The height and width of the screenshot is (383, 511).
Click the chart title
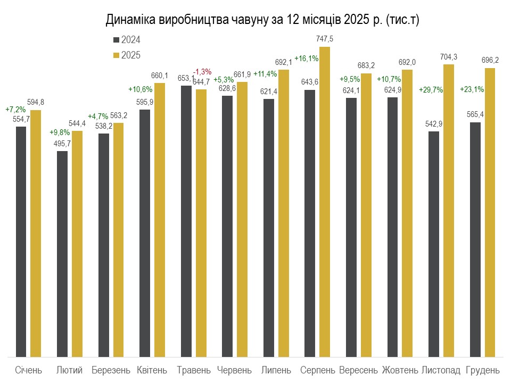(262, 20)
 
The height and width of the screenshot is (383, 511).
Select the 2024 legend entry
(127, 40)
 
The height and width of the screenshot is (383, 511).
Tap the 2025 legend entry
(127, 55)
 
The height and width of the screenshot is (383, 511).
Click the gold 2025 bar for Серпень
(325, 202)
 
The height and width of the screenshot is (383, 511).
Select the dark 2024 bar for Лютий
(62, 254)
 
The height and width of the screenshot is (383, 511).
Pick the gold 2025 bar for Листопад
(449, 211)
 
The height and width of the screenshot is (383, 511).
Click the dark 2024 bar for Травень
(186, 221)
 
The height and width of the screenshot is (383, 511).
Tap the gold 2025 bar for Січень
(36, 234)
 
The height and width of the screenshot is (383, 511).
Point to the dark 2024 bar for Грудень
(475, 240)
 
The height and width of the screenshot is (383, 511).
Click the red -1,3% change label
(202, 72)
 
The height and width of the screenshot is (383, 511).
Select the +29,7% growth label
(431, 90)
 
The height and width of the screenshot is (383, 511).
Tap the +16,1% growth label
(307, 59)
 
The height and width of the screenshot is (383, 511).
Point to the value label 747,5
(325, 39)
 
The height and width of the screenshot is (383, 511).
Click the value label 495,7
(62, 144)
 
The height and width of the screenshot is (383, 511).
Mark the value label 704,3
(449, 57)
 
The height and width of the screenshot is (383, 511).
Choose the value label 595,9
(145, 102)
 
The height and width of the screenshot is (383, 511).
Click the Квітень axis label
(152, 370)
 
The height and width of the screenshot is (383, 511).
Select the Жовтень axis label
(400, 370)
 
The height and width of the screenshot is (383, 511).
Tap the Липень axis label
(276, 370)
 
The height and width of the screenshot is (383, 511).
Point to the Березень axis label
(111, 370)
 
